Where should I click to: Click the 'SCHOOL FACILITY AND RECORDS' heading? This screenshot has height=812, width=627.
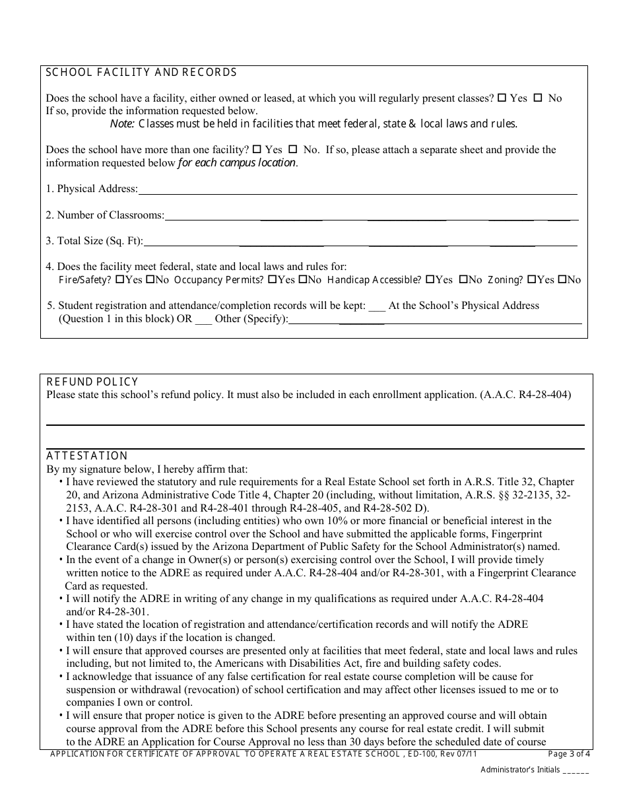(141, 73)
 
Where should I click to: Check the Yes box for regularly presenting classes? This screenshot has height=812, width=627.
(502, 98)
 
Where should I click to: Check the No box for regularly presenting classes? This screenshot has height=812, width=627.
(538, 98)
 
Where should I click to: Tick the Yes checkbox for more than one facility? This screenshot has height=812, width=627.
(257, 149)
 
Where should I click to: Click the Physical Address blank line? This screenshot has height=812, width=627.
(357, 189)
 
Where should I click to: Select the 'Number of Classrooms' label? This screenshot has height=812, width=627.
(105, 215)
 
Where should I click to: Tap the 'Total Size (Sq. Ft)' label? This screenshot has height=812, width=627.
(94, 241)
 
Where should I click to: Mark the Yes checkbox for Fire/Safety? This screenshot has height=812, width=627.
(119, 279)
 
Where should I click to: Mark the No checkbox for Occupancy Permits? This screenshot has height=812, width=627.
(303, 279)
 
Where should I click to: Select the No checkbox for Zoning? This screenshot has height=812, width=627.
(562, 279)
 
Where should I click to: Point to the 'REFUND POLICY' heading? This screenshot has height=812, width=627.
(92, 382)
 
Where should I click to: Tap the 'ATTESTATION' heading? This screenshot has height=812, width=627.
(87, 456)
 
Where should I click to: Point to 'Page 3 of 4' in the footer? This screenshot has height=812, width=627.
(569, 754)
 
